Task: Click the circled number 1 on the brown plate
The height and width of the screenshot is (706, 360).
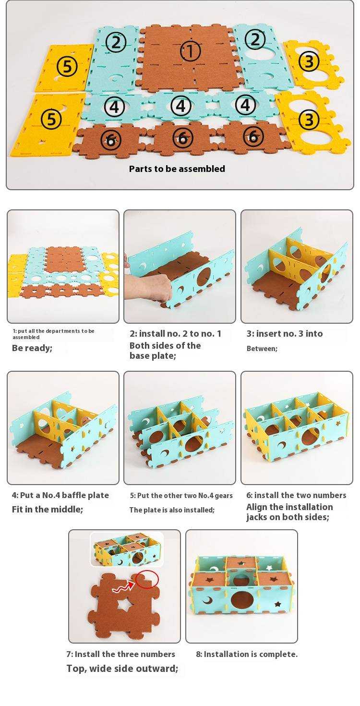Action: [191, 51]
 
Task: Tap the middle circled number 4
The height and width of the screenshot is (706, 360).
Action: [181, 106]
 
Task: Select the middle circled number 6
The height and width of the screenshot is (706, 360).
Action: [183, 138]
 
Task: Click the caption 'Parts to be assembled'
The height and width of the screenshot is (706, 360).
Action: [177, 169]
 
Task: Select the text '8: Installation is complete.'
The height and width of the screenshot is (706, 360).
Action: [247, 654]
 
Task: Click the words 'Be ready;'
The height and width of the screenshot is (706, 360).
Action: [32, 348]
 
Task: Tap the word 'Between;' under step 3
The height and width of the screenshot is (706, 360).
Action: [262, 349]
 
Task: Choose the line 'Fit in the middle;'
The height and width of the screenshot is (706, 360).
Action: [47, 509]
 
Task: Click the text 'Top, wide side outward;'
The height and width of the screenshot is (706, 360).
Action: [122, 669]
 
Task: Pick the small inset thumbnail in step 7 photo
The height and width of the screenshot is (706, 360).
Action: [127, 549]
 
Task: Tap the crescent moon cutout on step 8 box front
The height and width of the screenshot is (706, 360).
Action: [207, 599]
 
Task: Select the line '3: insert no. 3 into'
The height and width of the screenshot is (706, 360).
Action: [285, 334]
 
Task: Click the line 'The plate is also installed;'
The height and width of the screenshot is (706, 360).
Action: [172, 510]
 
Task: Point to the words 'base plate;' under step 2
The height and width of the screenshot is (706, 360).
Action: [153, 356]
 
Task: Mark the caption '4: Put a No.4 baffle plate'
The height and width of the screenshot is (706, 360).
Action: [60, 495]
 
